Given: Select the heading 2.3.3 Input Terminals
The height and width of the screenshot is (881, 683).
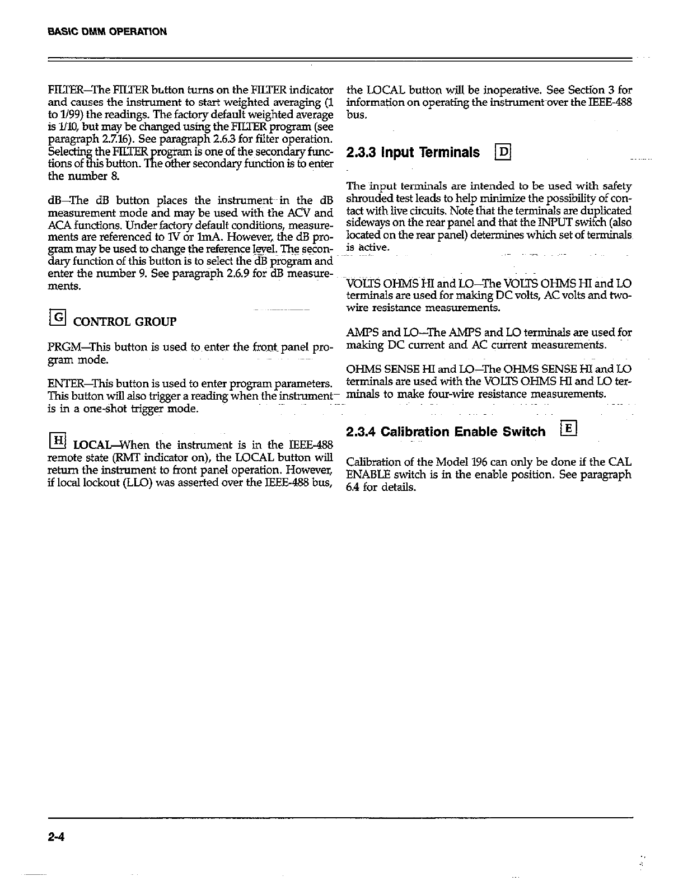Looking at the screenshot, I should pyautogui.click(x=413, y=152).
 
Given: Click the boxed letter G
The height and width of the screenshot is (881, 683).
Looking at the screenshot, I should pyautogui.click(x=58, y=320).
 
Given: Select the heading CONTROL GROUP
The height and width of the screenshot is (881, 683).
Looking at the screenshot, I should pyautogui.click(x=125, y=322).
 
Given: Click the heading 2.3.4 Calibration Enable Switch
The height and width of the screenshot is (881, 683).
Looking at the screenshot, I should pyautogui.click(x=446, y=432).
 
